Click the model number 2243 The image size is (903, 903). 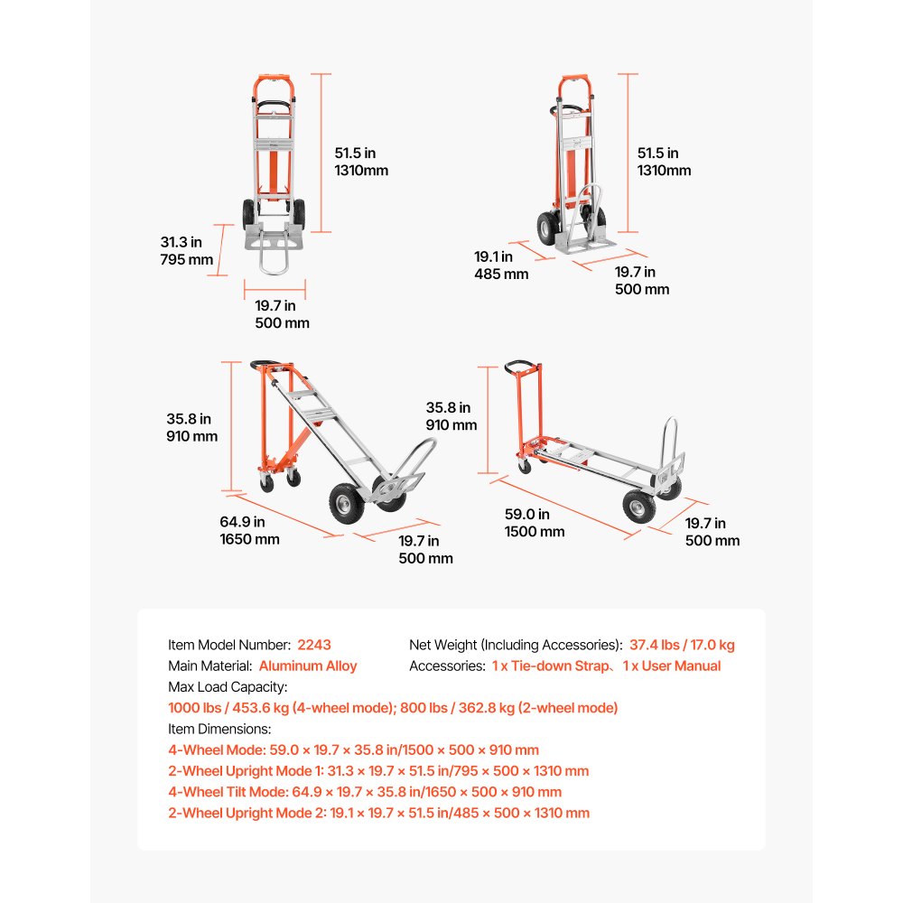click(x=313, y=645)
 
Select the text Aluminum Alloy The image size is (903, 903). click(x=308, y=666)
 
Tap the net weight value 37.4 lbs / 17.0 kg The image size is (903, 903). click(x=682, y=645)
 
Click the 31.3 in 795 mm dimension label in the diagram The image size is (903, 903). click(x=187, y=251)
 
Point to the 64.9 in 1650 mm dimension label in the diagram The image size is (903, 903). click(x=249, y=530)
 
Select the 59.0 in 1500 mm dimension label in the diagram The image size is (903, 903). click(x=534, y=523)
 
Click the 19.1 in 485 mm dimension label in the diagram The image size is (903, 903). click(x=501, y=265)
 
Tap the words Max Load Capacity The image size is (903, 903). click(x=227, y=687)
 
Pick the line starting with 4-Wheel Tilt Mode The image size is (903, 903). click(x=364, y=792)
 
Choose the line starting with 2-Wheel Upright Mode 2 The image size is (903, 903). click(x=378, y=813)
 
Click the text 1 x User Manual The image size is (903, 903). click(x=672, y=666)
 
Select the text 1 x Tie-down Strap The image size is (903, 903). click(x=550, y=666)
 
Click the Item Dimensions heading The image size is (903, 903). click(x=219, y=729)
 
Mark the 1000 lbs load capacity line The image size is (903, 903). click(x=393, y=708)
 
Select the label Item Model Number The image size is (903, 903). click(x=229, y=645)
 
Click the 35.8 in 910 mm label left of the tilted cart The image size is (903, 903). click(x=192, y=427)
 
